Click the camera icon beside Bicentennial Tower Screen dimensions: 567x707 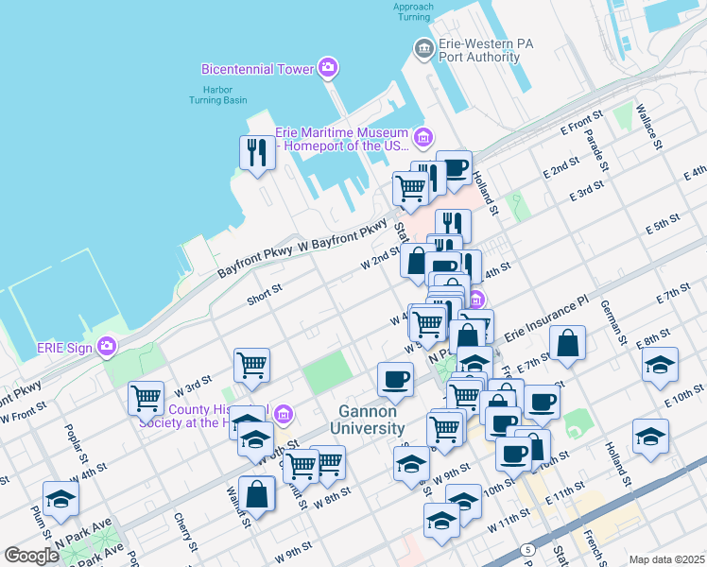328,67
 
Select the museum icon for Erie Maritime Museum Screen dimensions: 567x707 422,139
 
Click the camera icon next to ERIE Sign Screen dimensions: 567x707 108,347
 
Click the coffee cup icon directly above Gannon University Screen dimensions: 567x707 395,379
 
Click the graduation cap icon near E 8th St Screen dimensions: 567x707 661,365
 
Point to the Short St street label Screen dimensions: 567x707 265,296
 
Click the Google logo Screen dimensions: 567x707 31,556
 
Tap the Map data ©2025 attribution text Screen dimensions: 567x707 666,559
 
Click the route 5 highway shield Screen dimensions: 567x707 527,549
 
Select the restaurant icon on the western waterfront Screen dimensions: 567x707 257,152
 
